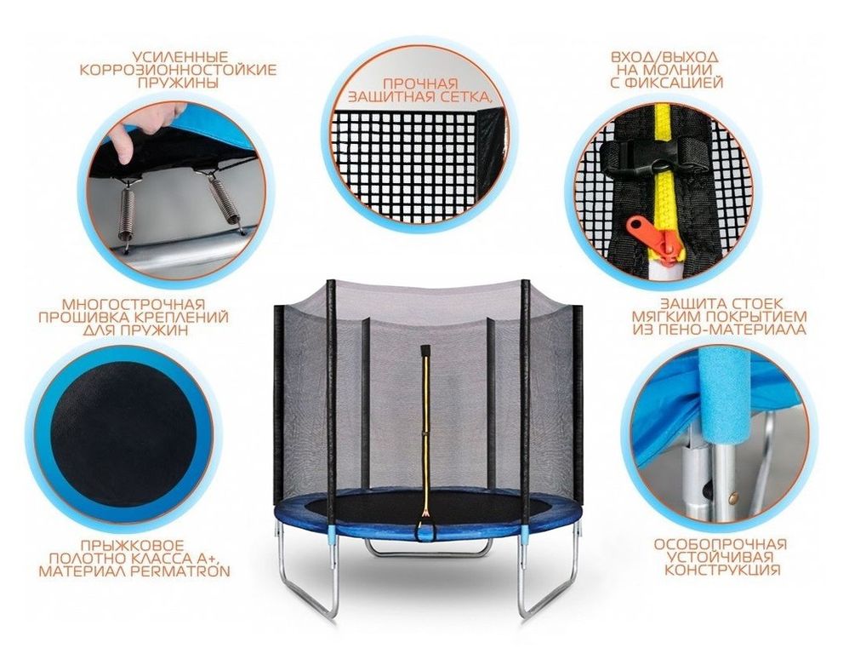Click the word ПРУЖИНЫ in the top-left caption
click(x=178, y=83)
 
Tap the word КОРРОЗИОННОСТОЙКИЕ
click(x=178, y=69)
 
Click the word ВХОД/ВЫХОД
click(x=664, y=57)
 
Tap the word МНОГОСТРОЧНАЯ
click(x=134, y=304)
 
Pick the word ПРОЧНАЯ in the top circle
click(x=420, y=84)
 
